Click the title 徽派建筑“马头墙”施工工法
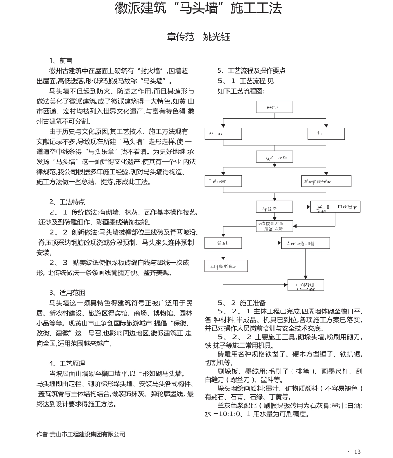pyautogui.click(x=198, y=9)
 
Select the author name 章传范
pyautogui.click(x=180, y=37)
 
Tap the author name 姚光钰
pyautogui.click(x=216, y=37)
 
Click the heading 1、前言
pyautogui.click(x=60, y=60)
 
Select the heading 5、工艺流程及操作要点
pyautogui.click(x=251, y=71)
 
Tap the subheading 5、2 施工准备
pyautogui.click(x=242, y=303)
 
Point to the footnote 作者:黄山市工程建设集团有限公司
pyautogui.click(x=81, y=434)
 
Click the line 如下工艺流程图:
pyautogui.click(x=241, y=91)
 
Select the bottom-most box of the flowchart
pyautogui.click(x=306, y=285)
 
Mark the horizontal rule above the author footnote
pyautogui.click(x=82, y=429)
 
